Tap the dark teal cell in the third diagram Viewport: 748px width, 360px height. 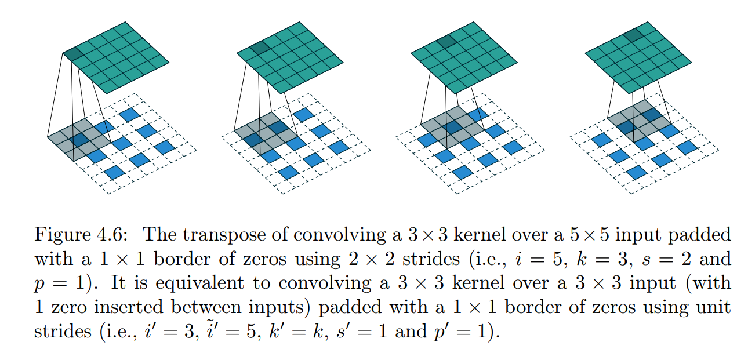[446, 41]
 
